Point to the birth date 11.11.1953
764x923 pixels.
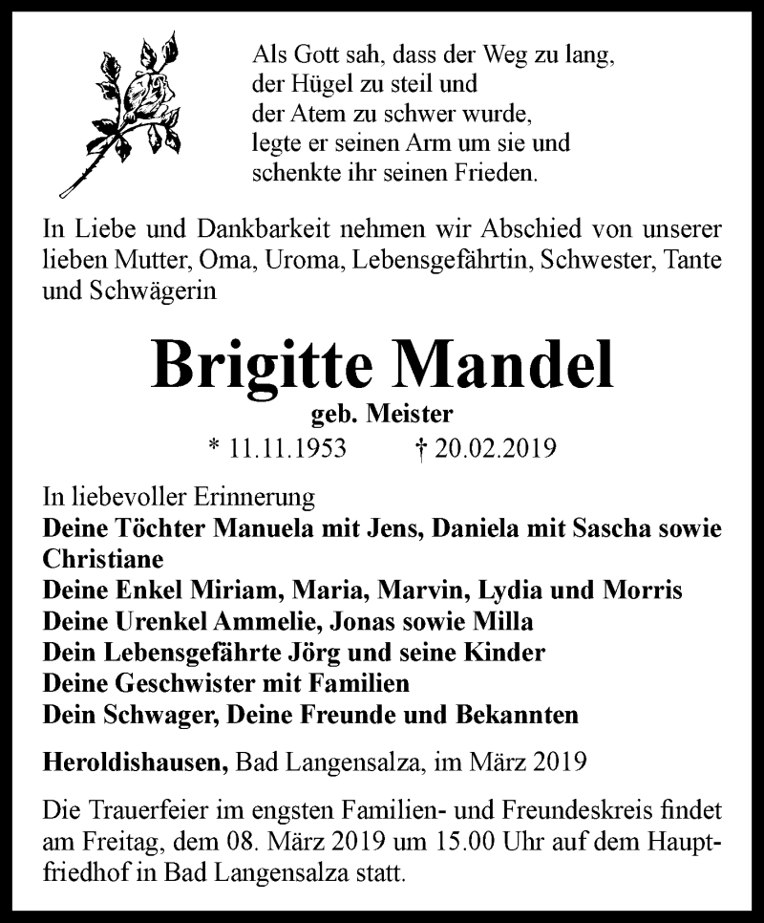pos(286,448)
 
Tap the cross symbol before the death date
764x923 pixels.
pos(416,448)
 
